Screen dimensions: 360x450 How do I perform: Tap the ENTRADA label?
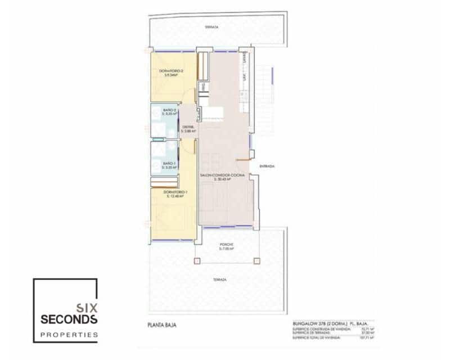click(267, 166)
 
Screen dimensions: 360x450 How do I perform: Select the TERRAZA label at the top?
click(211, 26)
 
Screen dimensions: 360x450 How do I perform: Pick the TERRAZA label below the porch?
click(220, 280)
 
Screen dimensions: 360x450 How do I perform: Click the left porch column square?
click(196, 261)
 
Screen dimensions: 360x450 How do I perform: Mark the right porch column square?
click(256, 261)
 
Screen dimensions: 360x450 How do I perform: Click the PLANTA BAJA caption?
click(159, 325)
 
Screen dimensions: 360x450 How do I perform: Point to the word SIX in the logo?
click(87, 308)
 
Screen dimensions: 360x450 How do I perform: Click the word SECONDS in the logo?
click(69, 319)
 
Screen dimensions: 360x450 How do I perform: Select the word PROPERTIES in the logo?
click(68, 335)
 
